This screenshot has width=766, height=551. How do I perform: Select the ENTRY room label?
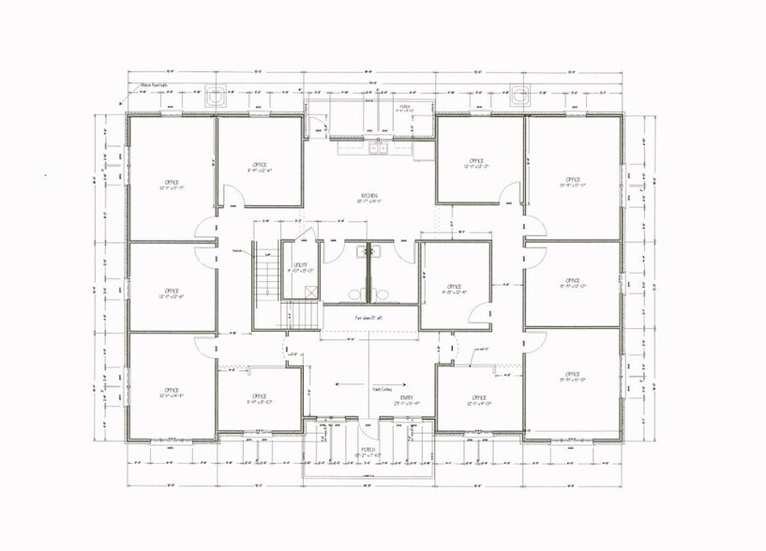(379, 398)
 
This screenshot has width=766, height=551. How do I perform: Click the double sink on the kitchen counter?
(377, 148)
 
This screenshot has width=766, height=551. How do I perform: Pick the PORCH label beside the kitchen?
(405, 107)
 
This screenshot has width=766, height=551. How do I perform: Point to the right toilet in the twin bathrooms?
(382, 292)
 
